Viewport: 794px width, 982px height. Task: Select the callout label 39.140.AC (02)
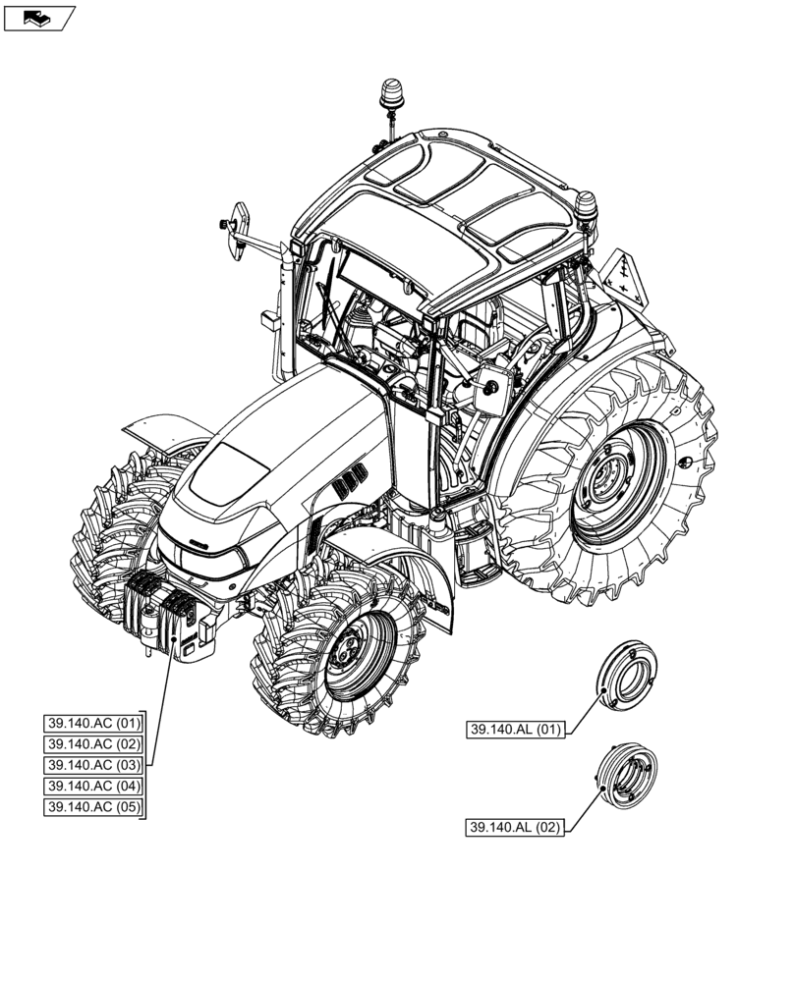[94, 744]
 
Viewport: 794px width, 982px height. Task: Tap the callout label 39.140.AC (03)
[94, 765]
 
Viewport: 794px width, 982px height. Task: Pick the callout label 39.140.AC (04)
[94, 786]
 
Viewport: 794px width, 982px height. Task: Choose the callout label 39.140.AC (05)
[94, 807]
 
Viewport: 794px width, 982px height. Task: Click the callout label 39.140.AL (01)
[516, 730]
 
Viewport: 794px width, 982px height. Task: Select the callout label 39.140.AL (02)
[516, 828]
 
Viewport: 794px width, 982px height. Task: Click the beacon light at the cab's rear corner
[587, 207]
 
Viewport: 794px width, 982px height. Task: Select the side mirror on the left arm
[237, 232]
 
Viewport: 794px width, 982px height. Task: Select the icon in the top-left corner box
[38, 17]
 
